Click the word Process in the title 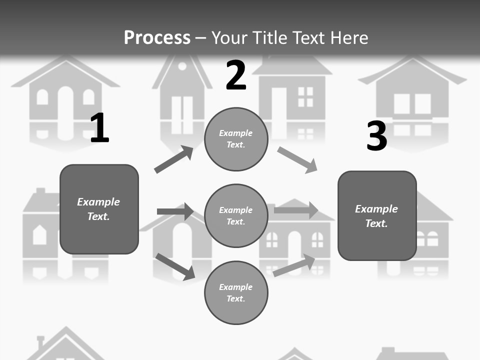click(x=157, y=37)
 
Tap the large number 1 click(x=99, y=128)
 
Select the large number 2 click(x=236, y=75)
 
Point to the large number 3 click(x=376, y=135)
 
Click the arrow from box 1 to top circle click(x=173, y=159)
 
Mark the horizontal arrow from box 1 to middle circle click(x=175, y=211)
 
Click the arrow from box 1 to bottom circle click(x=175, y=266)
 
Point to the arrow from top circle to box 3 click(x=297, y=160)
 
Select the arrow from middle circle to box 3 click(x=296, y=210)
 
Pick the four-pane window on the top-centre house click(x=305, y=96)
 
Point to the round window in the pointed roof click(x=182, y=66)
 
